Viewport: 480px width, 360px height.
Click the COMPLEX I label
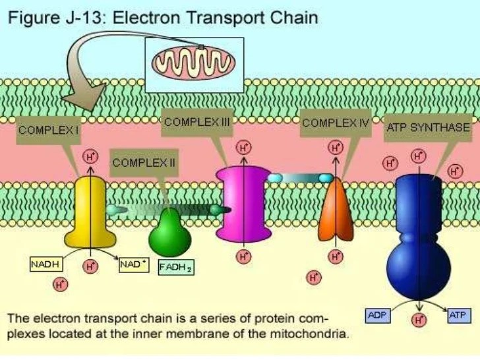point(49,131)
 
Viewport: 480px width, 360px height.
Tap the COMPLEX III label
point(196,122)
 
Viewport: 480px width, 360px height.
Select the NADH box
point(45,264)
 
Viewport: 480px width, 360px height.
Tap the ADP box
point(378,315)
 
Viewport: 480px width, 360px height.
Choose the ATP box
point(457,315)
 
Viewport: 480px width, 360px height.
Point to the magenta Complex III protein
point(245,204)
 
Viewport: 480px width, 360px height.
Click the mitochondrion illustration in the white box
point(194,63)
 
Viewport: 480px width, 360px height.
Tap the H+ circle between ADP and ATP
point(418,320)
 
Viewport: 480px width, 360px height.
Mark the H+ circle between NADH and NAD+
point(90,266)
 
